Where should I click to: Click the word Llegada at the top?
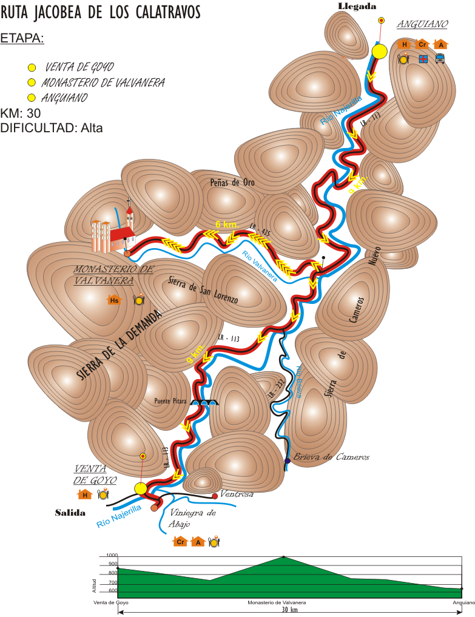tap(357, 6)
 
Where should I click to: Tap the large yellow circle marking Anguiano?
tap(379, 51)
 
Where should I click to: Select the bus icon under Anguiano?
tap(440, 59)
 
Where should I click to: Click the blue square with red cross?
tap(423, 59)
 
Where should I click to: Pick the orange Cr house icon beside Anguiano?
tap(423, 44)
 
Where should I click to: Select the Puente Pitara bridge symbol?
tap(204, 401)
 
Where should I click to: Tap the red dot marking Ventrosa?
tap(215, 496)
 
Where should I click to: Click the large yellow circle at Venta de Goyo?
tap(140, 488)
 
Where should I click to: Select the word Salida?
tap(70, 513)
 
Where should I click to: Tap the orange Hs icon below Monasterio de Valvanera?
tap(113, 300)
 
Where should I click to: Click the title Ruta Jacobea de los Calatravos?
tap(101, 12)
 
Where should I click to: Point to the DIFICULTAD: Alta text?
tap(52, 128)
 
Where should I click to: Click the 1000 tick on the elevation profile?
tap(112, 555)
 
